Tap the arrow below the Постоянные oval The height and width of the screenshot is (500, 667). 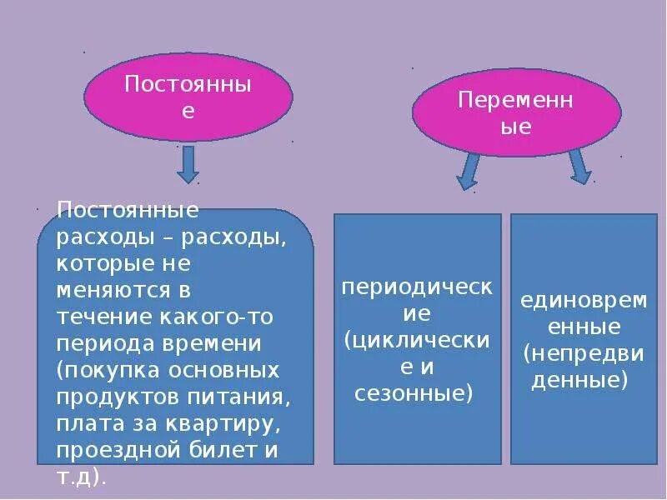(188, 164)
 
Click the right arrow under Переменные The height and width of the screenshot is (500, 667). (579, 166)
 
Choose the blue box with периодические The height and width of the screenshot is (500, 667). (417, 338)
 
